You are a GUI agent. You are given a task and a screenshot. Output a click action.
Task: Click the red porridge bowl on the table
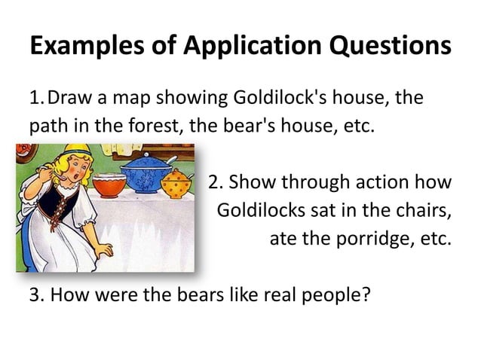(x=109, y=185)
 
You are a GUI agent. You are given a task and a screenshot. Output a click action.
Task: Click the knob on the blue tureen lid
(x=145, y=155)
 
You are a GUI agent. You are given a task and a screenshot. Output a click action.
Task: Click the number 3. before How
(x=35, y=292)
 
